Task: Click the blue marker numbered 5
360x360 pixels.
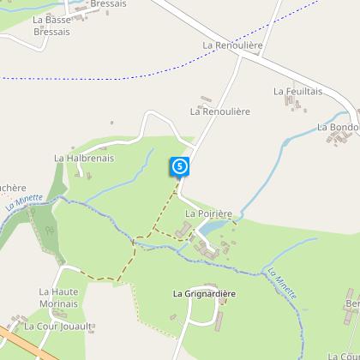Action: pos(179,165)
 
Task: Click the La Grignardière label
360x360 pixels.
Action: pos(204,294)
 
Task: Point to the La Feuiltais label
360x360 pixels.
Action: pos(296,90)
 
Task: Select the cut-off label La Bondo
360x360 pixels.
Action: pos(338,127)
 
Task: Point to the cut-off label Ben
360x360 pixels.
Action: pos(352,304)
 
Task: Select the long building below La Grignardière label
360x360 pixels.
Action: pos(218,321)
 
